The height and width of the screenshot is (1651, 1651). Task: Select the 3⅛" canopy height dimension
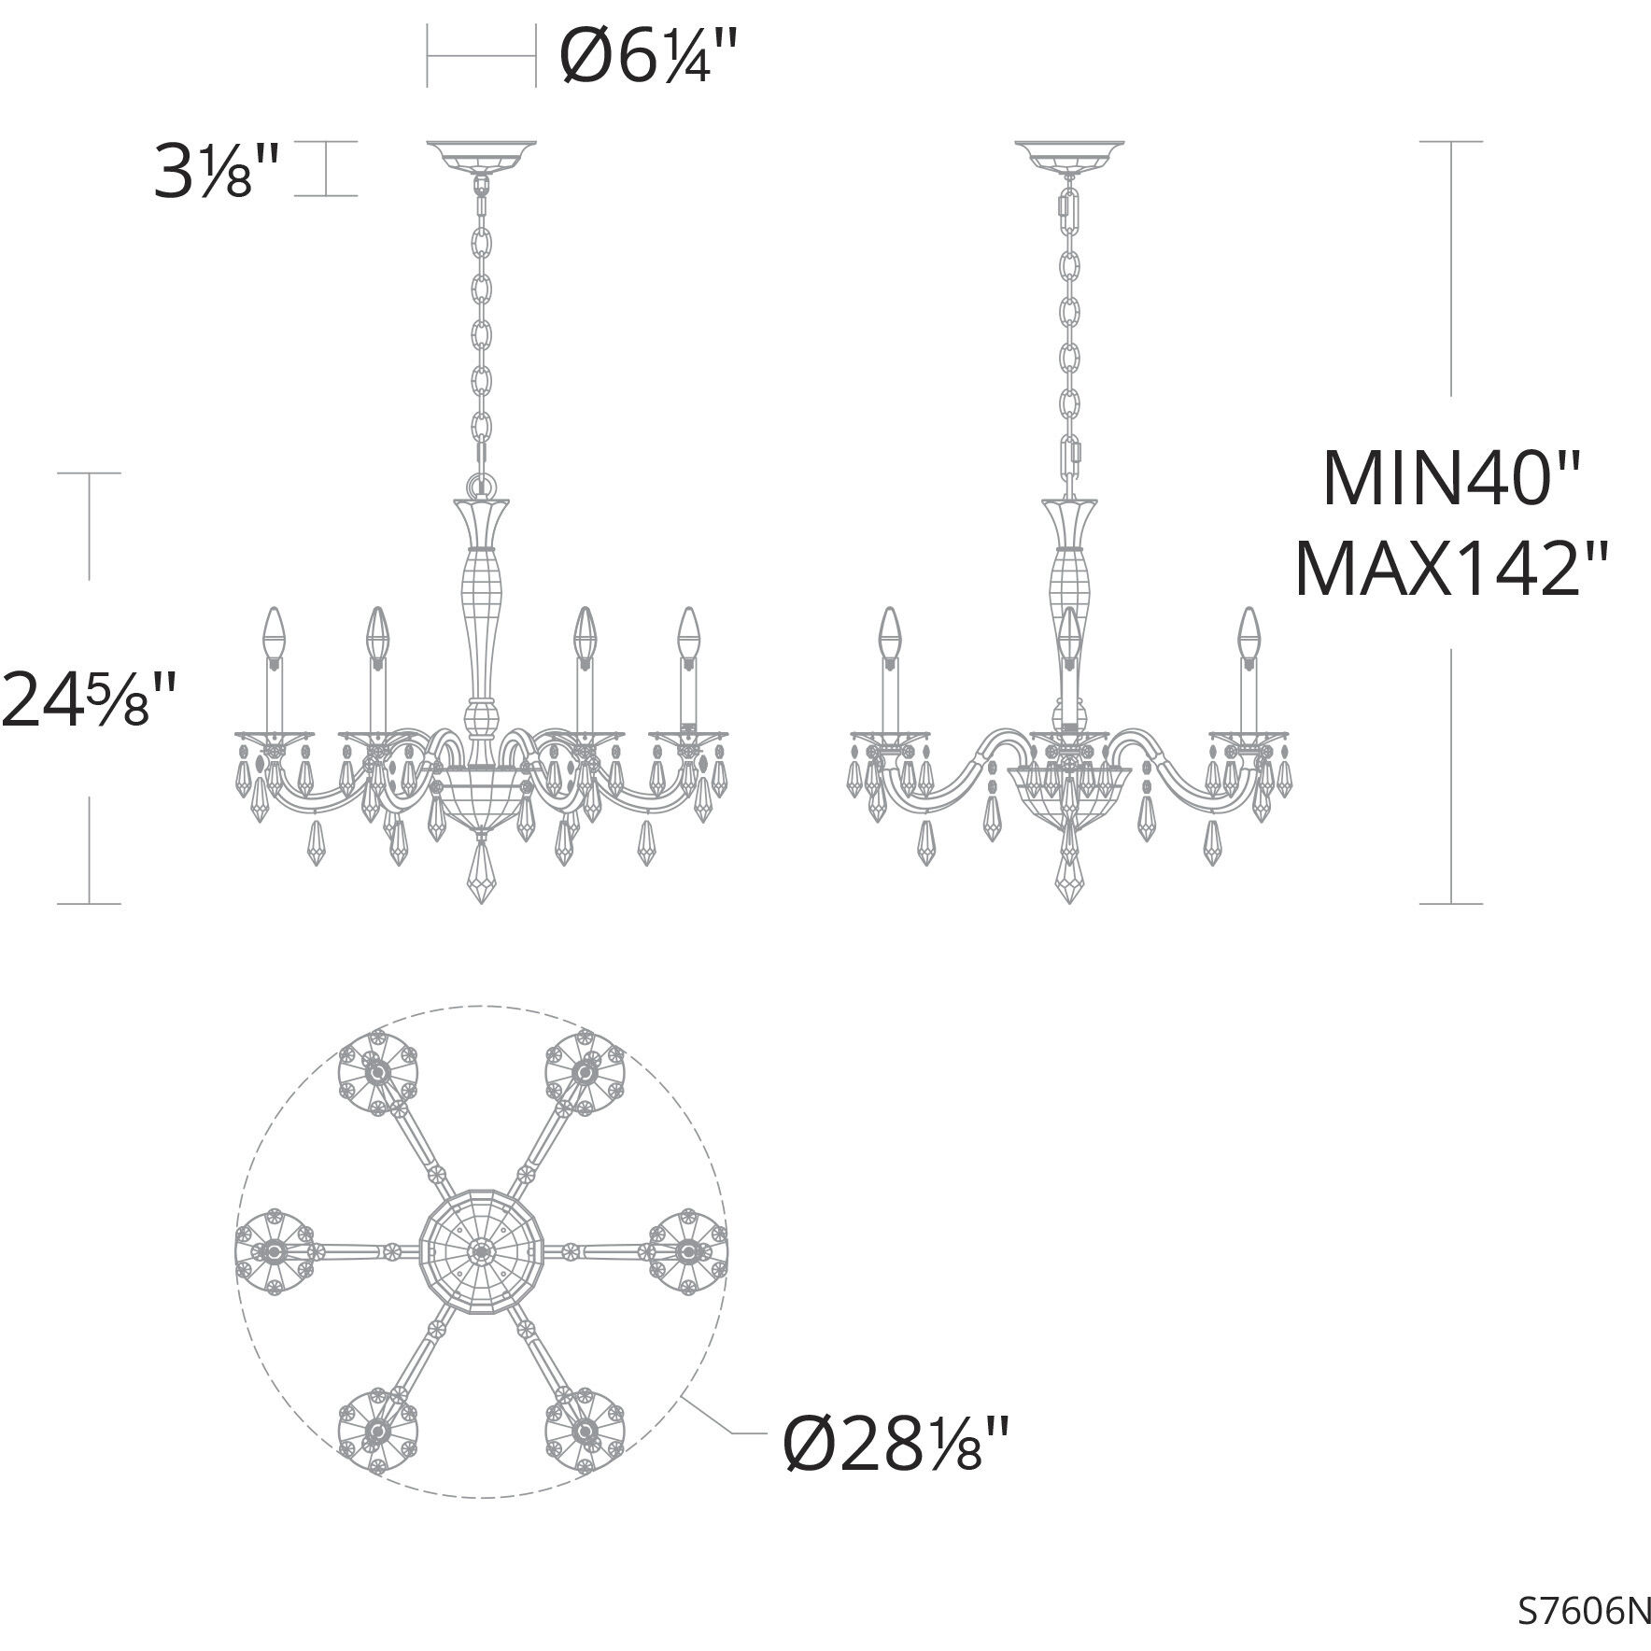pos(216,171)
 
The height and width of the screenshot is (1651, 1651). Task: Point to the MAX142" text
pos(1453,571)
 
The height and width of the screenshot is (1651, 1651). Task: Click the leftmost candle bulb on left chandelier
pos(273,631)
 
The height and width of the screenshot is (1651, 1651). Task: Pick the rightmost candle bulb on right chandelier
pos(1248,631)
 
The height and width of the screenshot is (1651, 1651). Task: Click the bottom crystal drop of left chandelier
pos(482,874)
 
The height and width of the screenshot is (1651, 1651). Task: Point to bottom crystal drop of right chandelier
pos(1070,874)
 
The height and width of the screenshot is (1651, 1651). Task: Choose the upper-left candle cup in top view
pos(377,1072)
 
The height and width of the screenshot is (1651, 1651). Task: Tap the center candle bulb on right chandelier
pos(1070,631)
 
